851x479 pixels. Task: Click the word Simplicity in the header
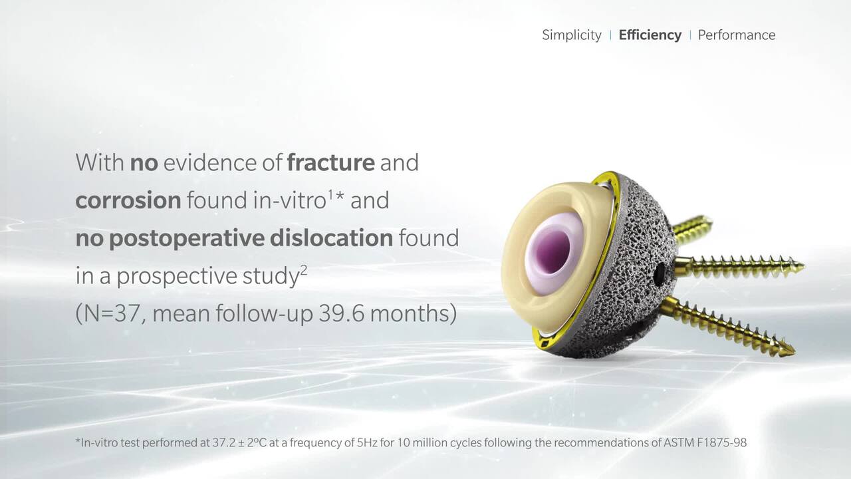(571, 35)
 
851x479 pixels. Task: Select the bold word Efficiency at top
(650, 35)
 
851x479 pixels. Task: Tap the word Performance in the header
(737, 35)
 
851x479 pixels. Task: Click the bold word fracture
(330, 163)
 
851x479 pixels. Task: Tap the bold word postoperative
(187, 238)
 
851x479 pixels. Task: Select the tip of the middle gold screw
(802, 267)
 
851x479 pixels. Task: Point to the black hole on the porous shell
(659, 274)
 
